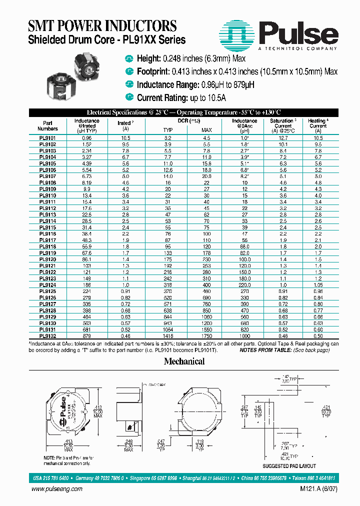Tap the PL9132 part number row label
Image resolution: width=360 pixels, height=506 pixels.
tap(47, 336)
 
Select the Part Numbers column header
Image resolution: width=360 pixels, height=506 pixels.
tap(47, 125)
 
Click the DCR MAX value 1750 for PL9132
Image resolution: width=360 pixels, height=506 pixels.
tap(207, 336)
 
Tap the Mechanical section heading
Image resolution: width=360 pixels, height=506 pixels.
tap(184, 361)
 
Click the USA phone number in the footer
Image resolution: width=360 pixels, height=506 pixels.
tap(51, 477)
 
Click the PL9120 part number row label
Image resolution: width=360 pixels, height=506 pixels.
tap(47, 260)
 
